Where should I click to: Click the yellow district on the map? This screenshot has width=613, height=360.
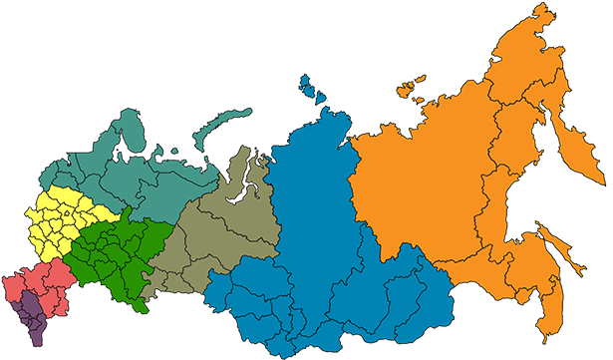click(60, 219)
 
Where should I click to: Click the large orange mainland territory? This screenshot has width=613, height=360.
click(429, 189)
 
